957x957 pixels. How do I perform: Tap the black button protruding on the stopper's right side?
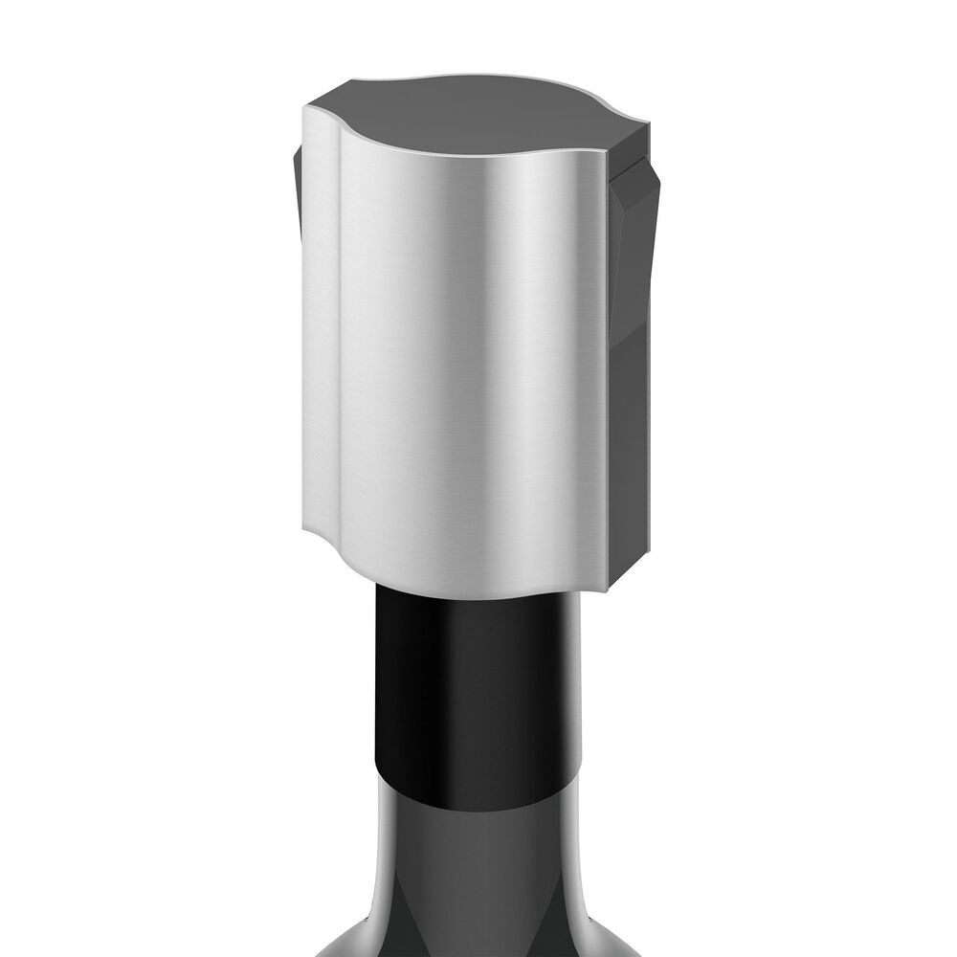pos(634,249)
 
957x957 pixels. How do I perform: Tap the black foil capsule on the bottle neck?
pos(478,689)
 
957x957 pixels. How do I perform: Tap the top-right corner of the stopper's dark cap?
pos(647,124)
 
